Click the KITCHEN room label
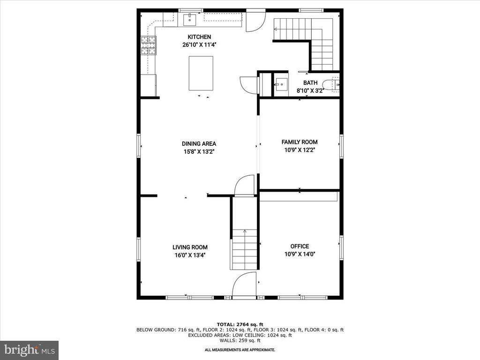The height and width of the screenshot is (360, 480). pos(199,37)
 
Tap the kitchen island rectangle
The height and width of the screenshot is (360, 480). pos(201,73)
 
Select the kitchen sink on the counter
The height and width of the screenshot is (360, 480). pos(190,20)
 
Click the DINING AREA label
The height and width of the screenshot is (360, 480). pos(199,144)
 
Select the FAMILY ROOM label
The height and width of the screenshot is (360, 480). pos(299,142)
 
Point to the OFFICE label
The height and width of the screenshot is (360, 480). pos(300,247)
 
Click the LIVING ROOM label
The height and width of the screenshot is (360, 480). pos(190,247)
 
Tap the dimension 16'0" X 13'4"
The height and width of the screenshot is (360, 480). pos(190,255)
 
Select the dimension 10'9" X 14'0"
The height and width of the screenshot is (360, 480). pos(300,255)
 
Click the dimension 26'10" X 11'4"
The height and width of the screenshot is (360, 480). pos(199,45)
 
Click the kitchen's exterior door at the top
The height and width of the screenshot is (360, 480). pos(255,21)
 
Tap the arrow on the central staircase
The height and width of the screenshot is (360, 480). pos(244,231)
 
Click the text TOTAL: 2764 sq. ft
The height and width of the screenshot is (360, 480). pos(240,324)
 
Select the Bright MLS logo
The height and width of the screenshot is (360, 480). pos(29,350)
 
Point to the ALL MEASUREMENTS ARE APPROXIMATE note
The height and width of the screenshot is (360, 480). pos(240,350)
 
